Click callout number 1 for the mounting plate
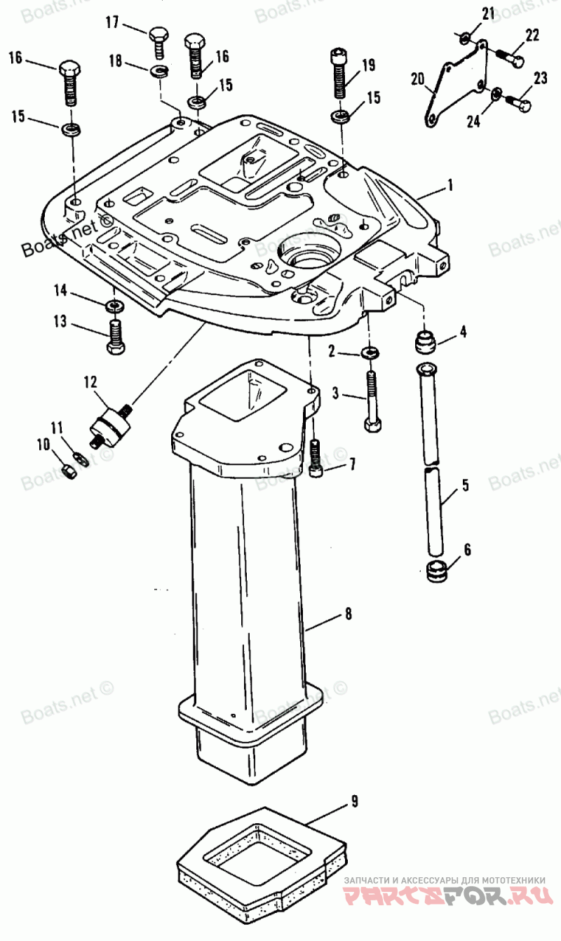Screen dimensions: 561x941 pos(450,187)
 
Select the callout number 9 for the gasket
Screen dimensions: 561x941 pos(354,801)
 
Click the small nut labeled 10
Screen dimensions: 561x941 pos(69,473)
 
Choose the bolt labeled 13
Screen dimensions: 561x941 pos(116,337)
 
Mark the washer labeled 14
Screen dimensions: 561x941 pos(113,306)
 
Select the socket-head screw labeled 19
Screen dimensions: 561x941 pos(339,74)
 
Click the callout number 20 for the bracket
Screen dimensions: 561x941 pos(417,80)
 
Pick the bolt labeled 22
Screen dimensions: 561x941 pos(508,57)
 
